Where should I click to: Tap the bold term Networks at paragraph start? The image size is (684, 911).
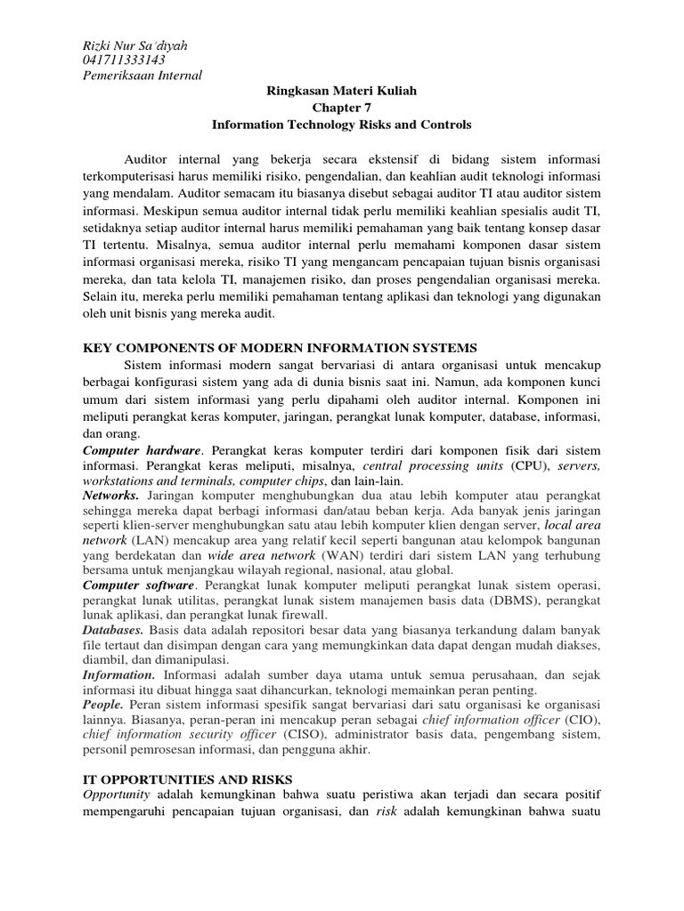[x=110, y=494]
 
